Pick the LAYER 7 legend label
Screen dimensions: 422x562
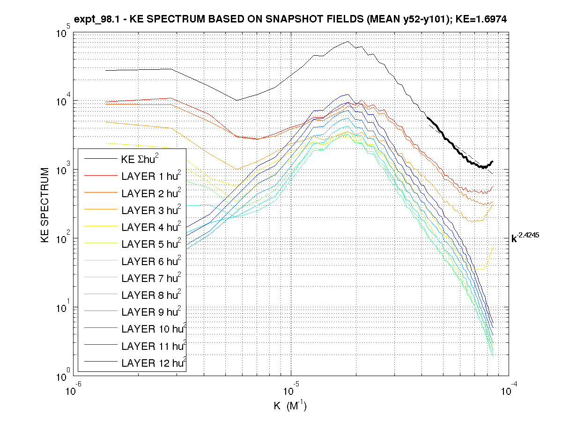150,278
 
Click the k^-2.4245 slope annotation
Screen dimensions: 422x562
525,238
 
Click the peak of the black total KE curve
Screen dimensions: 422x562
348,42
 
